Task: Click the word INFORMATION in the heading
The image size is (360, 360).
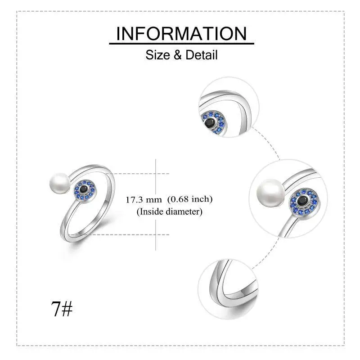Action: pyautogui.click(x=181, y=34)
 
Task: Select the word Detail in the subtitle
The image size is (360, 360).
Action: pyautogui.click(x=202, y=55)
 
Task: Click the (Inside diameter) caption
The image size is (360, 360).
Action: pyautogui.click(x=170, y=211)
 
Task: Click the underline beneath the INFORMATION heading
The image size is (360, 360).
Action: pyautogui.click(x=181, y=44)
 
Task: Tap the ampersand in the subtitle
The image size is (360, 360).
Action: pyautogui.click(x=178, y=55)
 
